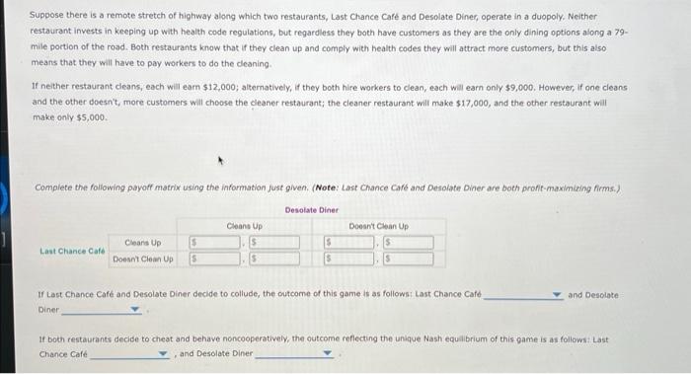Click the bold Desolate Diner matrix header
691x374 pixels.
coord(311,209)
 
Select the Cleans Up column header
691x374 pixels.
coord(244,226)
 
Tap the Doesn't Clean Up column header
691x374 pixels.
coord(378,226)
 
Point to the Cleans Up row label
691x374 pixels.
coord(143,242)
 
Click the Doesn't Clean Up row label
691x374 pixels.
coord(143,259)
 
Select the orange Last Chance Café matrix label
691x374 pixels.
coord(73,251)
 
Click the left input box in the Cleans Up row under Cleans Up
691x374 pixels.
coord(214,243)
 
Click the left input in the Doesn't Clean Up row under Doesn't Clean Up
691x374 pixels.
coord(347,260)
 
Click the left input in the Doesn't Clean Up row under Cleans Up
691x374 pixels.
coord(214,260)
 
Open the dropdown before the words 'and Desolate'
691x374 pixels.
coord(524,295)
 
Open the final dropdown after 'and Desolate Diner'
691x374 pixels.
coord(295,353)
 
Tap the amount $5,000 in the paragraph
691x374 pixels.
coord(88,116)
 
